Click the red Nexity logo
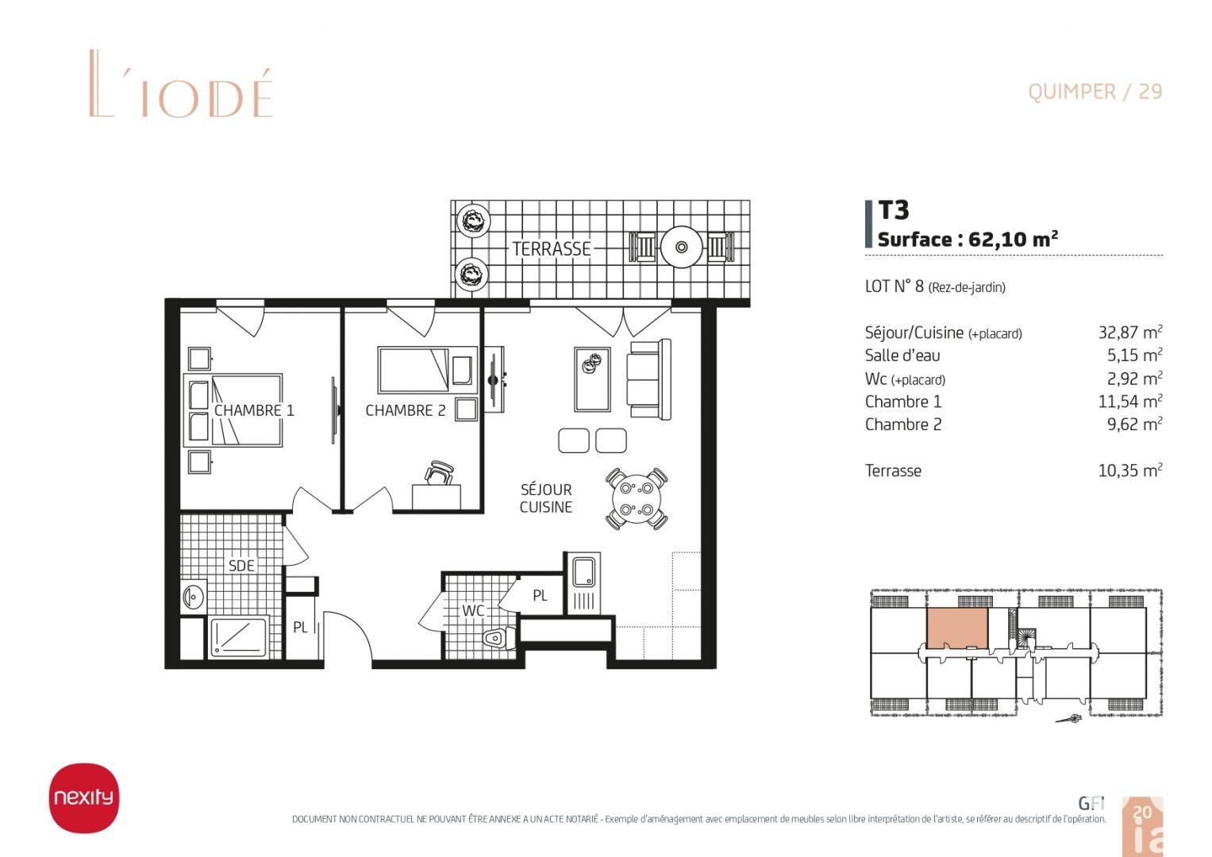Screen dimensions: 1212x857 [x=84, y=797]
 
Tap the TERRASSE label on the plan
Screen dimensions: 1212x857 [x=552, y=249]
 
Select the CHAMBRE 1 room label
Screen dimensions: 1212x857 [x=254, y=410]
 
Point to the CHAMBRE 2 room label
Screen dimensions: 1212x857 [x=406, y=410]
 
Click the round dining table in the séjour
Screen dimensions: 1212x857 [x=637, y=498]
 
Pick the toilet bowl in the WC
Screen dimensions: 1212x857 [x=497, y=638]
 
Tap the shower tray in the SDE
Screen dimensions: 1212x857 [x=239, y=636]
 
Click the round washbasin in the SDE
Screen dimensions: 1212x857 [x=192, y=597]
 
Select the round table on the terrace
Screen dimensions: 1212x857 [x=681, y=247]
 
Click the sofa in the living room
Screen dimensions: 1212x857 [x=649, y=379]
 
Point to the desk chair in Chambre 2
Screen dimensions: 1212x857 [x=440, y=472]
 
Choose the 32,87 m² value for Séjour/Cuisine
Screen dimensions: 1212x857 [x=1130, y=332]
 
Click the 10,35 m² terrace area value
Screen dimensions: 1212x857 [x=1130, y=470]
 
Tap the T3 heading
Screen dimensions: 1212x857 [x=893, y=210]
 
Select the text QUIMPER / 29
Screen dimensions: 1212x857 [x=1095, y=91]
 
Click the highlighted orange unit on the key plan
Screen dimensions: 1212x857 [x=958, y=628]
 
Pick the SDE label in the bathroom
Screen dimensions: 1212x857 [x=241, y=565]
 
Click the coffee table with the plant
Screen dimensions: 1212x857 [x=592, y=379]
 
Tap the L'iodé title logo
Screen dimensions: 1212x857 [x=181, y=84]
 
